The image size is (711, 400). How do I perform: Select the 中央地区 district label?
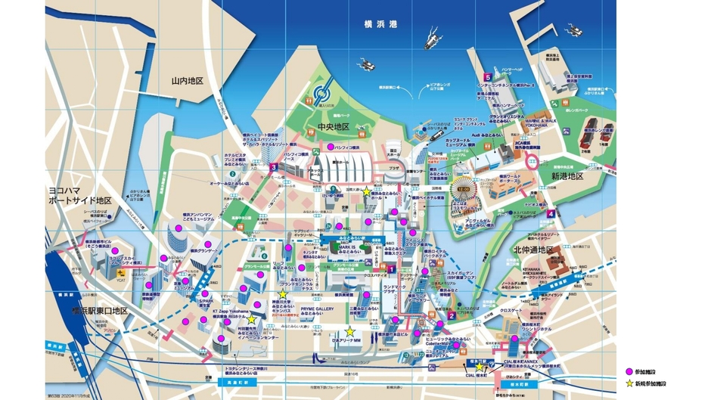point(333,126)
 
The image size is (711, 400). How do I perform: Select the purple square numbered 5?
point(489,77)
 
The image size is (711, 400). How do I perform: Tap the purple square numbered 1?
point(392,268)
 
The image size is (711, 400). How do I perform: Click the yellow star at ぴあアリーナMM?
point(349,332)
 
